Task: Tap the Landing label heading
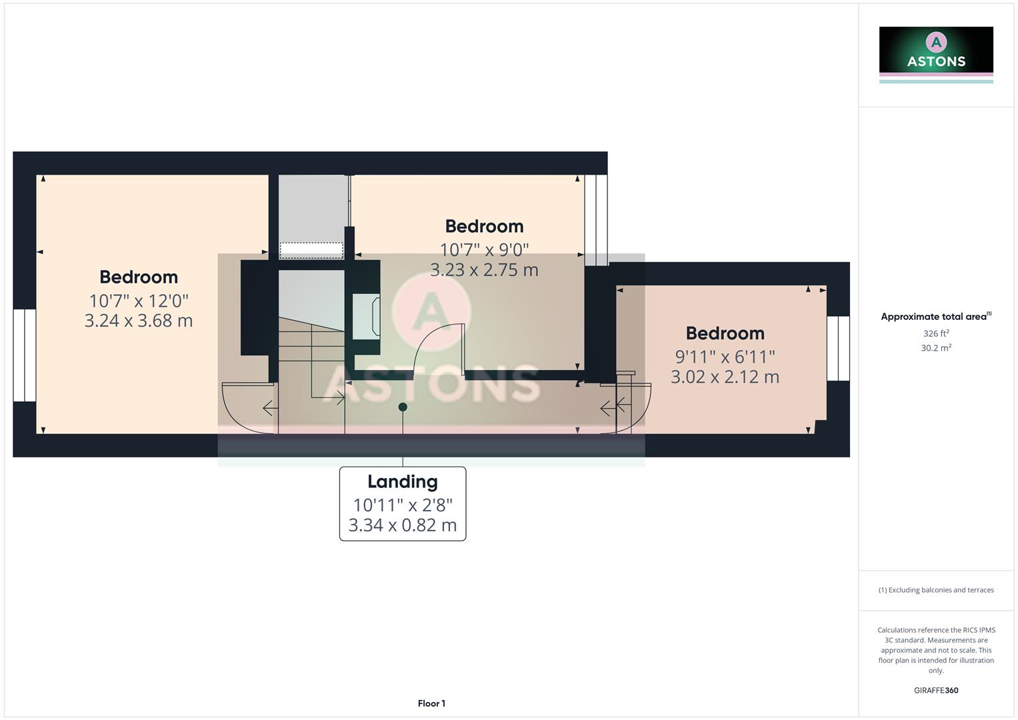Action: pos(403,481)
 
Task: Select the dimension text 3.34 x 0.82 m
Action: pos(403,525)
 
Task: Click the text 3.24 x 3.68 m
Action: pos(139,321)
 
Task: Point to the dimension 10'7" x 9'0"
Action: pos(484,250)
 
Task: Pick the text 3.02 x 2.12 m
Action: pos(725,377)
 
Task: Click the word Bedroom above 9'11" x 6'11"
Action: pos(725,333)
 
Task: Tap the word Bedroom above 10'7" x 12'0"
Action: pos(139,277)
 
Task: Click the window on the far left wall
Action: pos(25,355)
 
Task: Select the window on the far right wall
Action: pos(838,348)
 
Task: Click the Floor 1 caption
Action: pos(431,703)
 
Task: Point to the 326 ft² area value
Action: pos(936,333)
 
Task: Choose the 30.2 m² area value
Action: pos(936,348)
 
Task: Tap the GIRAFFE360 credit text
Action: pos(936,691)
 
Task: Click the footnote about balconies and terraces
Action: pos(936,590)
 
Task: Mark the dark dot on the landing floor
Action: pos(403,407)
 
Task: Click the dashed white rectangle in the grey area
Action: pos(311,250)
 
